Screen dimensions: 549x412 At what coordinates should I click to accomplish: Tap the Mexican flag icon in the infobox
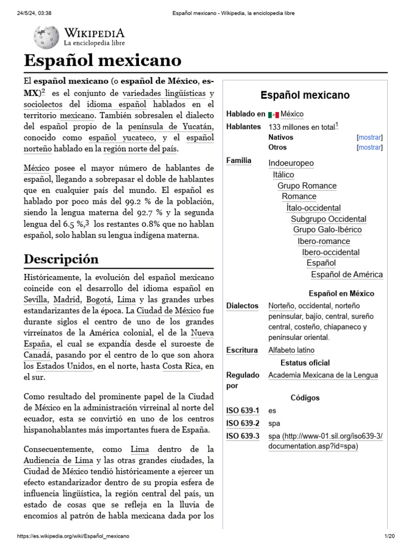click(274, 114)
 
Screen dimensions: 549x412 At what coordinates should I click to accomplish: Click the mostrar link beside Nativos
click(369, 137)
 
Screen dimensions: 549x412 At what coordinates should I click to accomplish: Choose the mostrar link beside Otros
click(369, 147)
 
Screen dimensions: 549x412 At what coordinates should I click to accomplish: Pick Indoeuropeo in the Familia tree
click(291, 163)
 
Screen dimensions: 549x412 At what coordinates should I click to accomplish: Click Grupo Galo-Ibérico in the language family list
click(327, 229)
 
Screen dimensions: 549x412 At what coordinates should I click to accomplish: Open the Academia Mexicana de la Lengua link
click(322, 375)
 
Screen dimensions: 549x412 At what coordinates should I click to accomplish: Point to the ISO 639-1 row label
click(242, 411)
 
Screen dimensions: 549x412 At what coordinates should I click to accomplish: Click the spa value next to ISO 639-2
click(274, 424)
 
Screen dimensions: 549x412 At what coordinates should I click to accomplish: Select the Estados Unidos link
click(59, 366)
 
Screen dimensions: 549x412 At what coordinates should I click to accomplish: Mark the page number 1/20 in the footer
click(389, 536)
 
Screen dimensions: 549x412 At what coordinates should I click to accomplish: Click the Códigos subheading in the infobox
click(305, 398)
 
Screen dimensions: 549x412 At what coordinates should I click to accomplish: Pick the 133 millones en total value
click(301, 127)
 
